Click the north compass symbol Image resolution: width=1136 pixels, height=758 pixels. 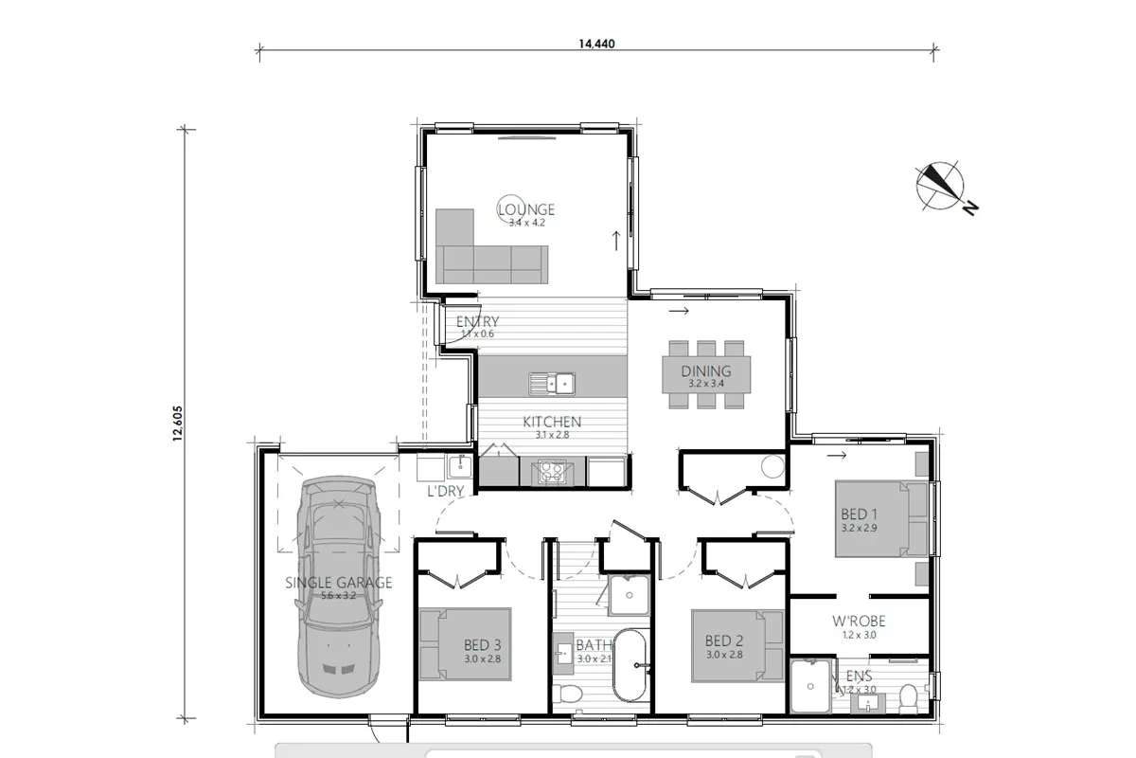pos(939,186)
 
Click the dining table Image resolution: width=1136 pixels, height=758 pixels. pos(706,373)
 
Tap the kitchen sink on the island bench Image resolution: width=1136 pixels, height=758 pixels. pos(552,384)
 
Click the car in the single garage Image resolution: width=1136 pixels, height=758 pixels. pos(338,587)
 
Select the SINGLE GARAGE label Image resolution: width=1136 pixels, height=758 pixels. pos(338,583)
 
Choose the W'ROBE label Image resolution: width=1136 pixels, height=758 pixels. pos(859,622)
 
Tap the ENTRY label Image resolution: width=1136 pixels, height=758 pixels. pos(477,322)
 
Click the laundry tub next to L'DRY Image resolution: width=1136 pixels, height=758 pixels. pos(458,467)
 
